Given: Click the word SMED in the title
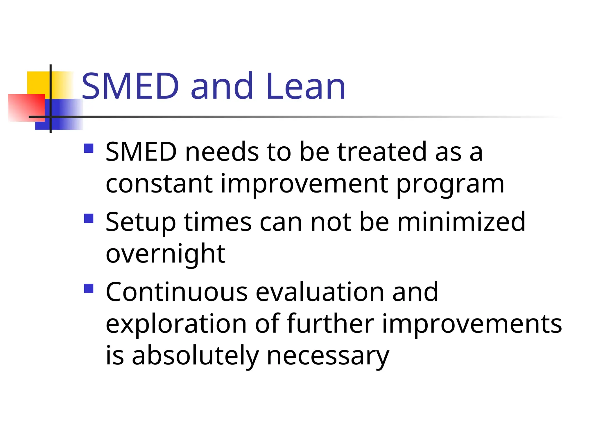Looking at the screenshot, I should point(130,86).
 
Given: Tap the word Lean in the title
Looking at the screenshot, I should point(305,86).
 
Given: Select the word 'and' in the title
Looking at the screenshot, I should point(222,86).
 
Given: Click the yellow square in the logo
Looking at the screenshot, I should point(38,82).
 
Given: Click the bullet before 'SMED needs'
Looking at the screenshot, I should point(89,148).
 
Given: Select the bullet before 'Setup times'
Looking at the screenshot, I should point(89,218).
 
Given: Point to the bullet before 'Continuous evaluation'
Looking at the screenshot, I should point(89,288).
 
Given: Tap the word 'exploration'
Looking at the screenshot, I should point(176,325).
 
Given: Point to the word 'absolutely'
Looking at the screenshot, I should point(195,357).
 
